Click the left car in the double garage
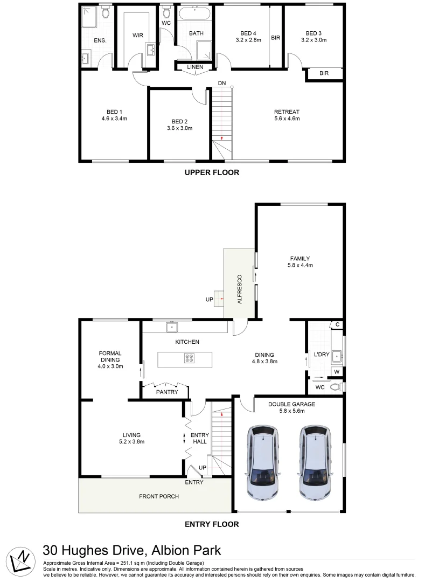(262, 462)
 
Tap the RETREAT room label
(286, 112)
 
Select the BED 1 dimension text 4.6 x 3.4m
(114, 119)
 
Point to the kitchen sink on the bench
(172, 327)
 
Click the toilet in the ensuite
(106, 12)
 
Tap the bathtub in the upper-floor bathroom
(196, 13)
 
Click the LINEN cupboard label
(195, 67)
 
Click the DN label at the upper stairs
(222, 84)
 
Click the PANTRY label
(167, 392)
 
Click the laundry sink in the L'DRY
(337, 355)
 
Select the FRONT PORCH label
(159, 496)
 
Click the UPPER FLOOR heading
(212, 173)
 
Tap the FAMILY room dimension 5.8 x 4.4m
(300, 265)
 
